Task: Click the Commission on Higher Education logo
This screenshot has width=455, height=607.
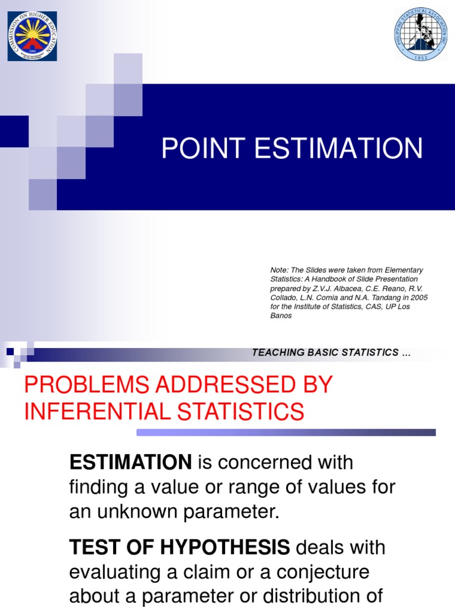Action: (x=33, y=36)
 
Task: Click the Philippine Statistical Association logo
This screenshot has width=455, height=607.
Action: (x=421, y=34)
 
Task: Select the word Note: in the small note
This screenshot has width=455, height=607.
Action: (x=280, y=270)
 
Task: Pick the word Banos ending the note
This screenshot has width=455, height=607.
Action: (x=281, y=315)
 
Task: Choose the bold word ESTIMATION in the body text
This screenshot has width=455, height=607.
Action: (x=130, y=462)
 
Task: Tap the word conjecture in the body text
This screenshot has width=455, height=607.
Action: (x=321, y=572)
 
